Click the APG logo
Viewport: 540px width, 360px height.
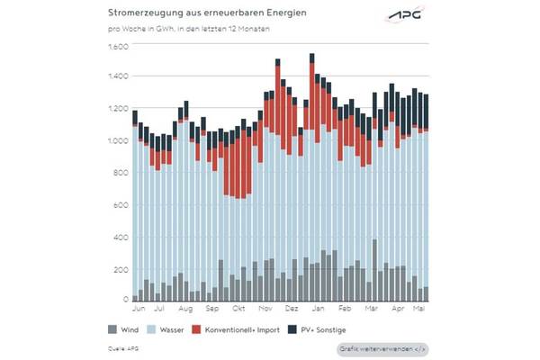406,15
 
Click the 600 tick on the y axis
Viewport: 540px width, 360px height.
121,204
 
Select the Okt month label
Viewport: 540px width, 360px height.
240,307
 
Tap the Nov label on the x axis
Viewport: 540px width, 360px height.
267,307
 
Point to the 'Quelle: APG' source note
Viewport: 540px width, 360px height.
122,346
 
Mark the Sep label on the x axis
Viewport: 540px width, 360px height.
214,307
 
